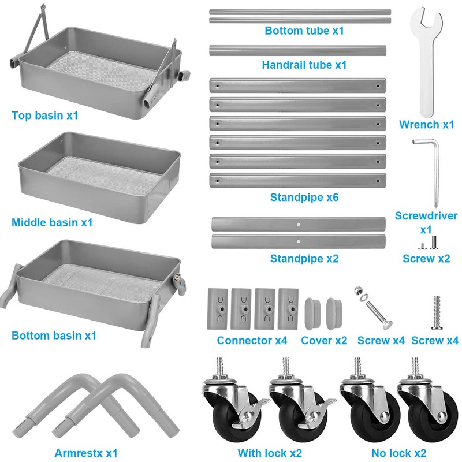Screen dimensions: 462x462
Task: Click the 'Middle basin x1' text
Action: tap(52, 222)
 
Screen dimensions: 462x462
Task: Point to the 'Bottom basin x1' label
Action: tap(54, 335)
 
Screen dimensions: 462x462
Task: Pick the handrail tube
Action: tap(297, 50)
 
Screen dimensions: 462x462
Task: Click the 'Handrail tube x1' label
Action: tap(304, 65)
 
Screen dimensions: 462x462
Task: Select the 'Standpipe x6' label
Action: tap(304, 198)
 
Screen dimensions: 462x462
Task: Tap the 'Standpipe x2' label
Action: tap(304, 258)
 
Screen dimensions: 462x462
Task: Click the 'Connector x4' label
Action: tap(252, 341)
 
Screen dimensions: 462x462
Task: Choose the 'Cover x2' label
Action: tap(324, 341)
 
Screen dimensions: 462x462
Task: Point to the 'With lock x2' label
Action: tap(270, 453)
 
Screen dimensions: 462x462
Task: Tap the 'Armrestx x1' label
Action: tap(87, 453)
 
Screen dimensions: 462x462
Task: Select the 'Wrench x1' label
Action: tap(427, 124)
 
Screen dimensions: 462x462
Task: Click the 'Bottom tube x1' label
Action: tap(304, 31)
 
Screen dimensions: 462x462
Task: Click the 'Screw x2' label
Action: tap(426, 258)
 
